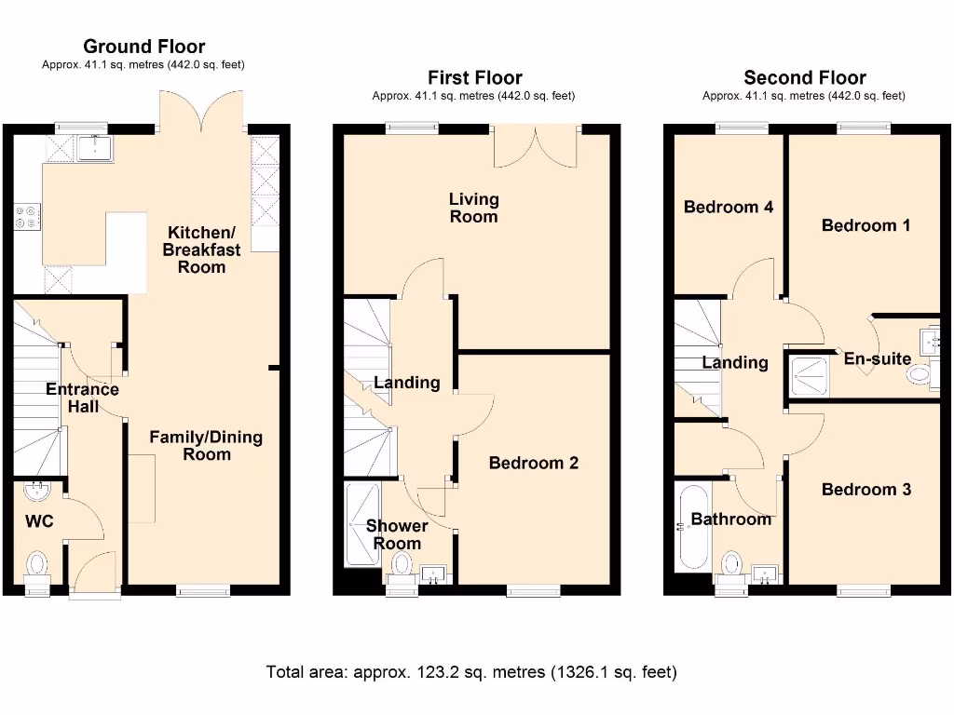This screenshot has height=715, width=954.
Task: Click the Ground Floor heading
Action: tap(143, 47)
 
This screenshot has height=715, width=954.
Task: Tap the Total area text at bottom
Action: tap(471, 671)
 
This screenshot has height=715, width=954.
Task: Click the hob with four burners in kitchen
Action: tap(27, 217)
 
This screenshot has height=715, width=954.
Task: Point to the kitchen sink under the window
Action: tap(95, 147)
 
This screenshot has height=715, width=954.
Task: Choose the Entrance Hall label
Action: tap(82, 398)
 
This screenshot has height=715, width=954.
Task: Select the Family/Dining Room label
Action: tap(206, 445)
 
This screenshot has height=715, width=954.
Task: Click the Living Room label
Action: tap(473, 208)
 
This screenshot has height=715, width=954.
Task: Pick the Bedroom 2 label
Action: tap(534, 463)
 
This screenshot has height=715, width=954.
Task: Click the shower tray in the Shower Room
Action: tap(361, 523)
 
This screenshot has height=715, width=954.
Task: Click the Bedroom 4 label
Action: tap(728, 207)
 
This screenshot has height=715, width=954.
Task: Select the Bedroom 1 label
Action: tap(865, 225)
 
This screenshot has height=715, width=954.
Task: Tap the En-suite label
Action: tap(877, 358)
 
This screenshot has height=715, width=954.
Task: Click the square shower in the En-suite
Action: tap(808, 375)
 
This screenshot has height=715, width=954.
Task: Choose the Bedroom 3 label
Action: tap(865, 490)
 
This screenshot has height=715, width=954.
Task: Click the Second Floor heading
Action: tap(804, 78)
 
